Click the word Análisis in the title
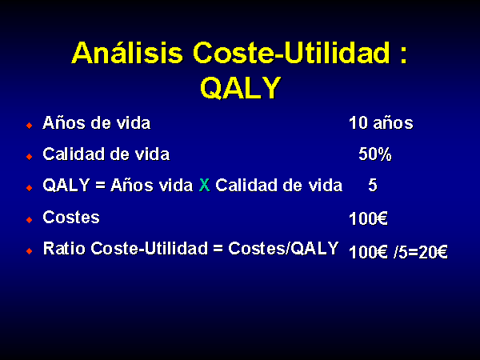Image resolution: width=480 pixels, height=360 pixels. click(x=127, y=53)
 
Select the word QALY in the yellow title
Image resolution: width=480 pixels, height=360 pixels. click(x=241, y=87)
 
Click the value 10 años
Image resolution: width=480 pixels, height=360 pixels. click(x=381, y=123)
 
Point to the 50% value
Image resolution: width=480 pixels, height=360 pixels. click(x=375, y=154)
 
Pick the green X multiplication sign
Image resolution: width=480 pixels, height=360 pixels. click(x=204, y=186)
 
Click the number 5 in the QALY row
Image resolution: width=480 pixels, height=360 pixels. click(x=373, y=186)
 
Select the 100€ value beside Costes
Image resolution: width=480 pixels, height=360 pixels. click(x=368, y=218)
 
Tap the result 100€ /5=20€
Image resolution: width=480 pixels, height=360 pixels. click(x=398, y=252)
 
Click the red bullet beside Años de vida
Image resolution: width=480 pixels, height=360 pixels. click(x=30, y=126)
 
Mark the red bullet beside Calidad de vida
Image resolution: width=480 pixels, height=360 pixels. click(x=30, y=157)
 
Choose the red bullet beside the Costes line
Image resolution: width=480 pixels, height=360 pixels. click(x=30, y=220)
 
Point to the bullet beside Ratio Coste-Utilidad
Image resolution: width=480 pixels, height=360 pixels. click(x=30, y=251)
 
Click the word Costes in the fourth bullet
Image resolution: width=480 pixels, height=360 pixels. click(x=71, y=218)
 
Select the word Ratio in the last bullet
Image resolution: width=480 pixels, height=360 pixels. click(x=64, y=248)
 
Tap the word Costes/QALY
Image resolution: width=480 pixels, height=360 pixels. click(x=283, y=248)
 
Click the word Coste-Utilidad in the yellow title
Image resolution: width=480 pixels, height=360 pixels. click(x=291, y=53)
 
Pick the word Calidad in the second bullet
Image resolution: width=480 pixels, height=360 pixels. click(x=74, y=154)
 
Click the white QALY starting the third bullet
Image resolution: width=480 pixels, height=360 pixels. click(x=66, y=186)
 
